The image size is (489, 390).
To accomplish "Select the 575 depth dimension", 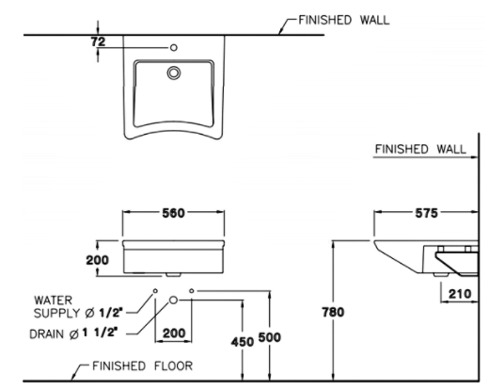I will pyautogui.click(x=426, y=214).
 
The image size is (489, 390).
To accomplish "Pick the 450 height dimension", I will pyautogui.click(x=242, y=342).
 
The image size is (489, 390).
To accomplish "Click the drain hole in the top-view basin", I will pyautogui.click(x=173, y=72).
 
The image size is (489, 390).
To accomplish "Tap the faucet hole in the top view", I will pyautogui.click(x=173, y=46).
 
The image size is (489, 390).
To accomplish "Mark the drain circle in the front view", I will pyautogui.click(x=173, y=300).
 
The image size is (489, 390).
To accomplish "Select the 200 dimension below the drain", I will pyautogui.click(x=173, y=332).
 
